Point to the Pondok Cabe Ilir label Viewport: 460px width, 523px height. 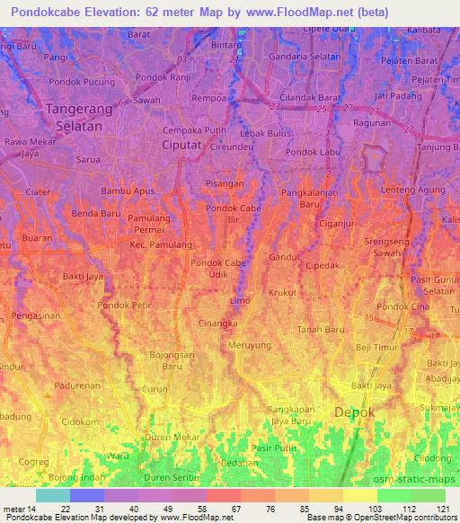pyautogui.click(x=229, y=215)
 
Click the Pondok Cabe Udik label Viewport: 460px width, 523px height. pyautogui.click(x=218, y=268)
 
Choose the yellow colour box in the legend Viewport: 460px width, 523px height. pyautogui.click(x=360, y=495)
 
